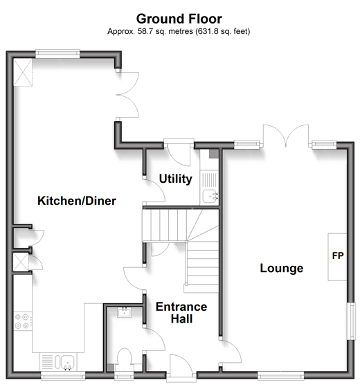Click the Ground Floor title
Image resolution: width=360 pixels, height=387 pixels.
pyautogui.click(x=179, y=19)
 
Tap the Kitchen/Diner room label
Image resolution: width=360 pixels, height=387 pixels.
pyautogui.click(x=77, y=201)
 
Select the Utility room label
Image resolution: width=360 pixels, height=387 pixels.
pyautogui.click(x=175, y=179)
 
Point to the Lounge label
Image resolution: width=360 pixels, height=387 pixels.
pyautogui.click(x=282, y=269)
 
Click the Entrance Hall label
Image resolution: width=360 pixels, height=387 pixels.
pyautogui.click(x=181, y=313)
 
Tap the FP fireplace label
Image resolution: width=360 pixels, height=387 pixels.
pyautogui.click(x=338, y=255)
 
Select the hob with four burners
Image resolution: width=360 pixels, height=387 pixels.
pyautogui.click(x=22, y=321)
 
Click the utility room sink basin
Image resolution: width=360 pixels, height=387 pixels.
pyautogui.click(x=210, y=197)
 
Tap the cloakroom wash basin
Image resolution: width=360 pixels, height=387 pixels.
pyautogui.click(x=125, y=312)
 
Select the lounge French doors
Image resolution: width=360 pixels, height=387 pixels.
pyautogui.click(x=286, y=136)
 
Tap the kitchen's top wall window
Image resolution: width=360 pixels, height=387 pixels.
pyautogui.click(x=57, y=54)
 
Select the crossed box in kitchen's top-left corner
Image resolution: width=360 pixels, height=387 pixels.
pyautogui.click(x=23, y=72)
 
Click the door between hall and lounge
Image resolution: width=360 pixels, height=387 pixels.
pyautogui.click(x=230, y=352)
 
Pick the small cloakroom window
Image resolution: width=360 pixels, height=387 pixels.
pyautogui.click(x=124, y=376)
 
